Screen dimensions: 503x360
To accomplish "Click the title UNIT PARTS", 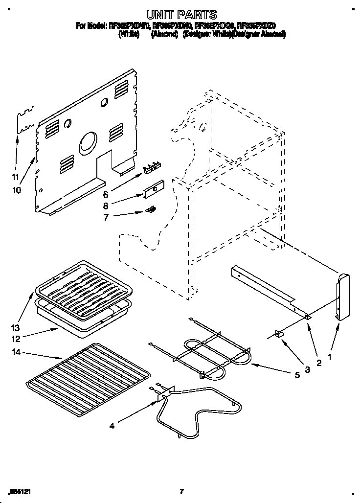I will click(180, 15).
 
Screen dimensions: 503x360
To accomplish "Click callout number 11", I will click(16, 177).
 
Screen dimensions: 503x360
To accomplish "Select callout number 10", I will click(17, 190).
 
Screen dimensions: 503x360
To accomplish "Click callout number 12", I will click(16, 338).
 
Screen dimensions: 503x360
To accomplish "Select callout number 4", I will click(112, 426).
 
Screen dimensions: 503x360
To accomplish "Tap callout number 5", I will click(283, 376).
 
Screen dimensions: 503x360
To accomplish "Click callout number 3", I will click(307, 369).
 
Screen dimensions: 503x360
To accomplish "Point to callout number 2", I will click(319, 364).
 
